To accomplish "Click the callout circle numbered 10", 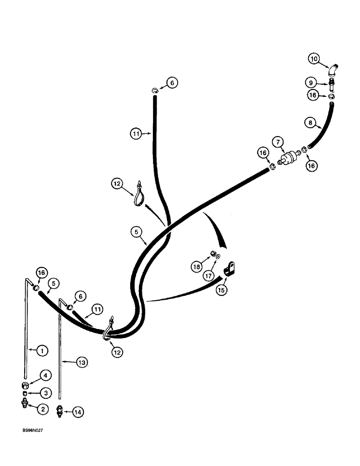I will (314, 59).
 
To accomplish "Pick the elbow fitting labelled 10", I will (333, 70).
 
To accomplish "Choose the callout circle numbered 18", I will (196, 267).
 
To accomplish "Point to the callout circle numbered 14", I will (78, 412).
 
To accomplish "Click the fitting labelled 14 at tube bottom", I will (60, 411).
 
